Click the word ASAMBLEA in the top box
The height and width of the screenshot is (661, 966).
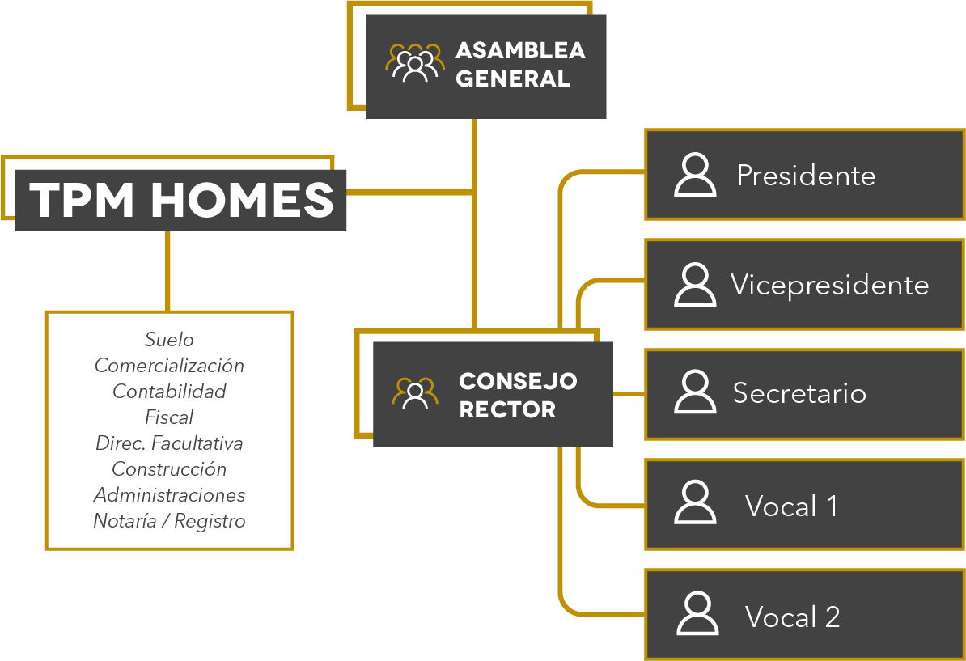[x=520, y=50]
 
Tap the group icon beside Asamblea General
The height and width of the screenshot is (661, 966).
[x=414, y=63]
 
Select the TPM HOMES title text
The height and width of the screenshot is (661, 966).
[x=181, y=200]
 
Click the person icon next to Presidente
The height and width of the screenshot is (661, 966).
[x=695, y=175]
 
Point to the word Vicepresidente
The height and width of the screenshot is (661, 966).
[x=829, y=285]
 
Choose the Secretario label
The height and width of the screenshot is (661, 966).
[x=799, y=393]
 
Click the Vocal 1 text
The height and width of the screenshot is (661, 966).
[x=791, y=506]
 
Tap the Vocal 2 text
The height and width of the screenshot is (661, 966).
[x=792, y=617]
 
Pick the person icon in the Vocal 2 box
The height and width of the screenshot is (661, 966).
[x=697, y=613]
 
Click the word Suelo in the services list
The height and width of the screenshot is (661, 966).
[x=169, y=340]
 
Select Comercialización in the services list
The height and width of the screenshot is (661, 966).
[x=169, y=366]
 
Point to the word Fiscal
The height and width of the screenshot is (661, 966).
[x=169, y=417]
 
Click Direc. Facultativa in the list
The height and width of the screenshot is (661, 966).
[x=169, y=443]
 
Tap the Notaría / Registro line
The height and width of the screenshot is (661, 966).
[x=169, y=520]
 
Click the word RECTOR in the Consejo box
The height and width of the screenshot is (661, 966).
[x=507, y=409]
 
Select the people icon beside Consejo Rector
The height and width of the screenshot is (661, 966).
[x=414, y=394]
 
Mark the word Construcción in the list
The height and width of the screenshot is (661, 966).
[x=169, y=468]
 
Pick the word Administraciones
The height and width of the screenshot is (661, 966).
[x=169, y=494]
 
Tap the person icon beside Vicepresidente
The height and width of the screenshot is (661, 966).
[x=695, y=285]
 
